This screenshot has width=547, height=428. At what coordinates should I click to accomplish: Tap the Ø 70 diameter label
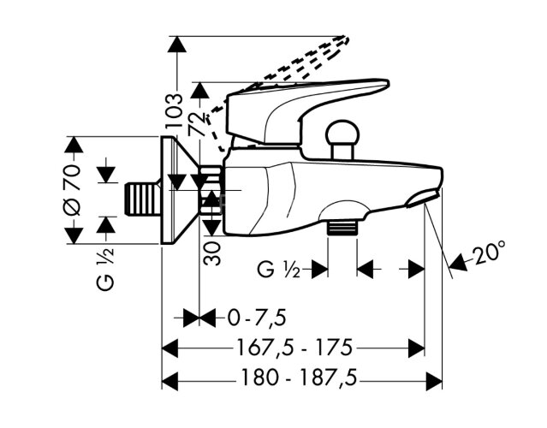[74, 189]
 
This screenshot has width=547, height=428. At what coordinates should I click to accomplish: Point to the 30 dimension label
[213, 249]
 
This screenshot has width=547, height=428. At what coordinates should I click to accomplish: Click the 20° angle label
[491, 253]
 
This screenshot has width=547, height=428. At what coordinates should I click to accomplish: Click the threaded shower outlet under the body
[342, 227]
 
